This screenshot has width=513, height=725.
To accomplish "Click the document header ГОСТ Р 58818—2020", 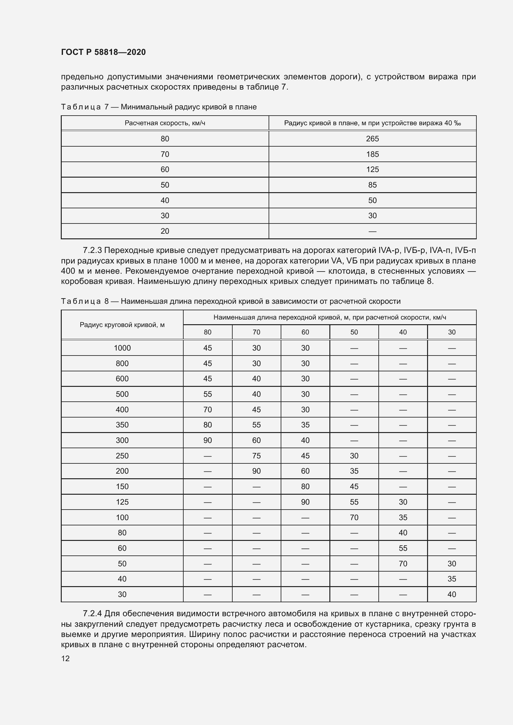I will click(x=103, y=52).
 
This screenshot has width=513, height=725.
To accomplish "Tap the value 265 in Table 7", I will click(x=372, y=139).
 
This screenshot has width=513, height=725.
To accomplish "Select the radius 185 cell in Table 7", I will click(x=372, y=154).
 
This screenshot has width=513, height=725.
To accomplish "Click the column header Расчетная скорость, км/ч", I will click(x=165, y=123).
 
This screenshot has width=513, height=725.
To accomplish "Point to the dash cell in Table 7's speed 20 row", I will click(x=372, y=232).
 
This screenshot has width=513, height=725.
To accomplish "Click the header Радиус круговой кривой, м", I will click(x=122, y=325).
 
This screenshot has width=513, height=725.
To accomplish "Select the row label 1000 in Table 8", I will click(x=122, y=348).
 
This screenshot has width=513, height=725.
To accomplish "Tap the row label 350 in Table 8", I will click(x=122, y=425).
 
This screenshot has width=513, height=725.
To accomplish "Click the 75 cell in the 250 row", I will click(x=256, y=456).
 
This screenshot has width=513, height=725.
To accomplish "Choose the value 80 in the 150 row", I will click(x=305, y=486).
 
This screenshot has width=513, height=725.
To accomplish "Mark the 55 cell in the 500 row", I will click(x=207, y=394).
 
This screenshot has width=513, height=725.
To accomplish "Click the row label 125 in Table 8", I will click(x=122, y=502).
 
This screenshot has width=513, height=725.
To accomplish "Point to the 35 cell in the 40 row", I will click(x=451, y=579).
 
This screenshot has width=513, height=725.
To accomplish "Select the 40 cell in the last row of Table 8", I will click(x=451, y=594).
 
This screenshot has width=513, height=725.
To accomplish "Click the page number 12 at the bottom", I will click(x=65, y=658).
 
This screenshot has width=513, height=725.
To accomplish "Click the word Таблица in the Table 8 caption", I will click(x=81, y=301).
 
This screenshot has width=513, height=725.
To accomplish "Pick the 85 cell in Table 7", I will click(x=372, y=185).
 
